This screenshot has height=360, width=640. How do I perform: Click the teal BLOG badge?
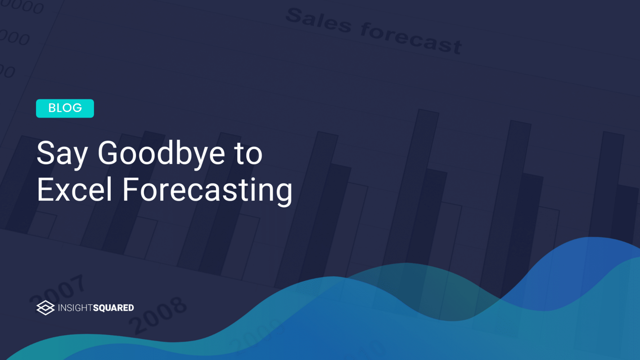[65, 108]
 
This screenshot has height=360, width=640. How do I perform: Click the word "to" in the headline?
[248, 154]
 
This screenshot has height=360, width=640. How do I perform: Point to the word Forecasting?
[207, 191]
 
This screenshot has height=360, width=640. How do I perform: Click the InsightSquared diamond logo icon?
[45, 308]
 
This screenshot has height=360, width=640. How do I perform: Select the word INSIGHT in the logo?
[75, 308]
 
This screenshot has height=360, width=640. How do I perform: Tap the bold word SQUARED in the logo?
[113, 308]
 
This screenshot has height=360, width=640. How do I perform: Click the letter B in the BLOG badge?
[52, 108]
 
